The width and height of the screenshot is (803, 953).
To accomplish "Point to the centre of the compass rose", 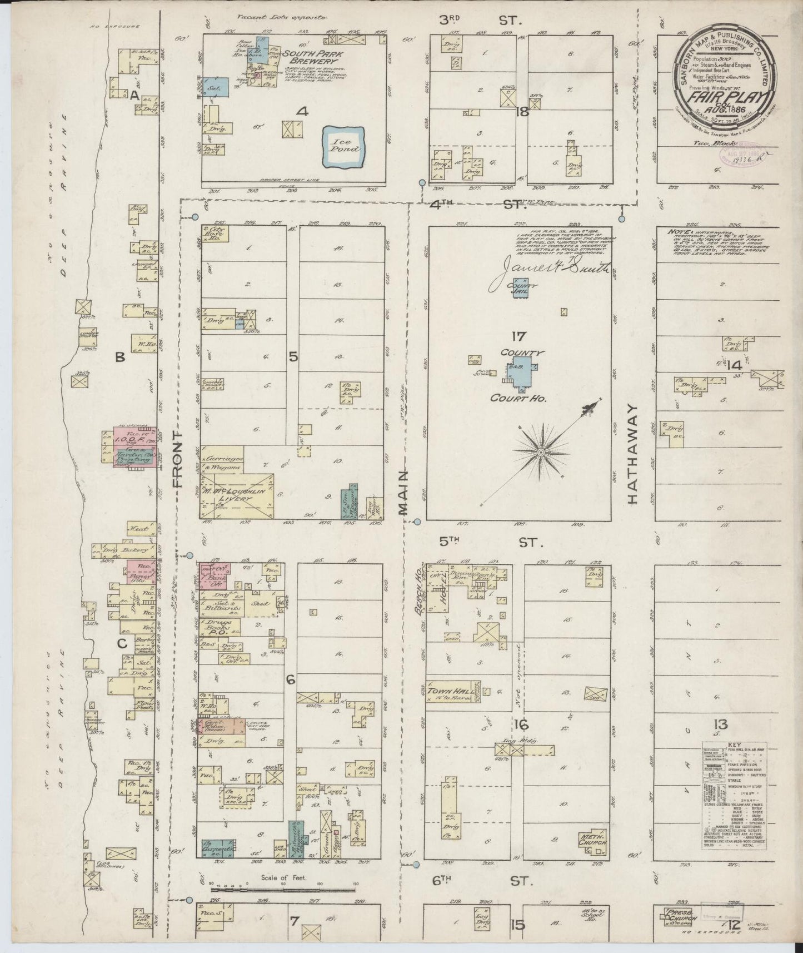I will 539,454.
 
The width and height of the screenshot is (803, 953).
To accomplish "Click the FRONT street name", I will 177,458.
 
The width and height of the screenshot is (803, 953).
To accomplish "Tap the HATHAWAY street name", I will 632,461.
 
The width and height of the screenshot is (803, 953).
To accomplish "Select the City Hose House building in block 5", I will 215,236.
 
